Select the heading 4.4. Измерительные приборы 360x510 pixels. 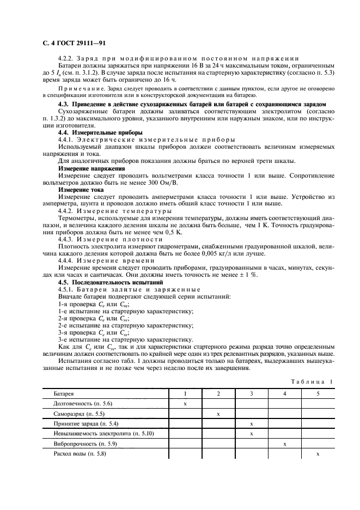(x=93, y=132)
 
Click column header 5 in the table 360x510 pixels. (x=318, y=393)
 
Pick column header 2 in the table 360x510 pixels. (x=218, y=393)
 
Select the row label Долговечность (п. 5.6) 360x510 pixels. (x=82, y=403)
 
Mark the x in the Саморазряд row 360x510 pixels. (x=218, y=414)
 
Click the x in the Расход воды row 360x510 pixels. (x=318, y=454)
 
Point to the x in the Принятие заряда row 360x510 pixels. (x=252, y=423)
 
